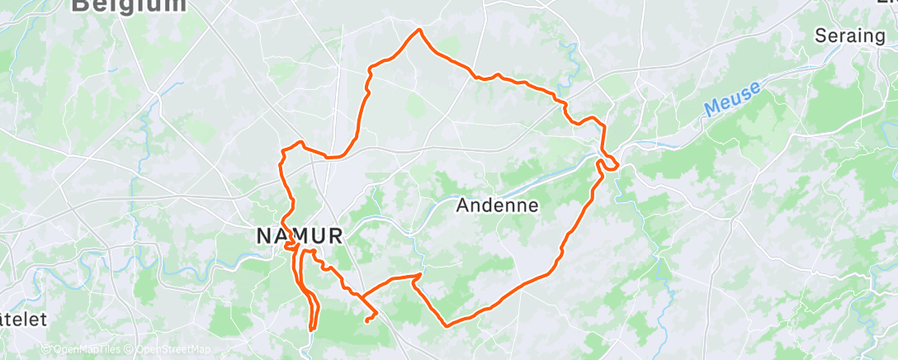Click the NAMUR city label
[x=299, y=235]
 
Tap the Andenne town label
[x=498, y=206]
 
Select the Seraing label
[x=849, y=36]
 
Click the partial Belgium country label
[x=129, y=5]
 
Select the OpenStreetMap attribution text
[x=170, y=349]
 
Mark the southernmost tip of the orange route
[x=313, y=329]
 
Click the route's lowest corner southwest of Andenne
[x=447, y=325]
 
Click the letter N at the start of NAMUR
[x=263, y=235]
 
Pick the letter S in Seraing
[x=820, y=36]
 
